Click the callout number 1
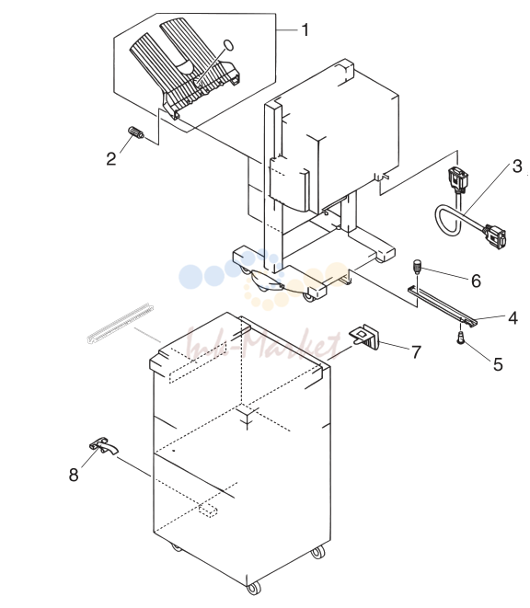[x=305, y=30]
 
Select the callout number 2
[x=111, y=159]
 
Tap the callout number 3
[x=517, y=166]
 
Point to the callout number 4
[x=513, y=318]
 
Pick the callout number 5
[x=498, y=364]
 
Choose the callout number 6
[x=476, y=281]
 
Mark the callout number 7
[x=416, y=352]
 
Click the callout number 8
[x=74, y=475]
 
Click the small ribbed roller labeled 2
[x=136, y=132]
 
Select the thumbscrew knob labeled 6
[x=417, y=267]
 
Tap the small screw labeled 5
[x=460, y=337]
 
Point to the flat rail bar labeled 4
[x=442, y=304]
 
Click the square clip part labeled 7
[x=365, y=335]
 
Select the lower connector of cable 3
[x=494, y=235]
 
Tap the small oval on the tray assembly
[x=228, y=45]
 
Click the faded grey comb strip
[x=120, y=323]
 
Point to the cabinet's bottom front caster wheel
[x=253, y=588]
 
